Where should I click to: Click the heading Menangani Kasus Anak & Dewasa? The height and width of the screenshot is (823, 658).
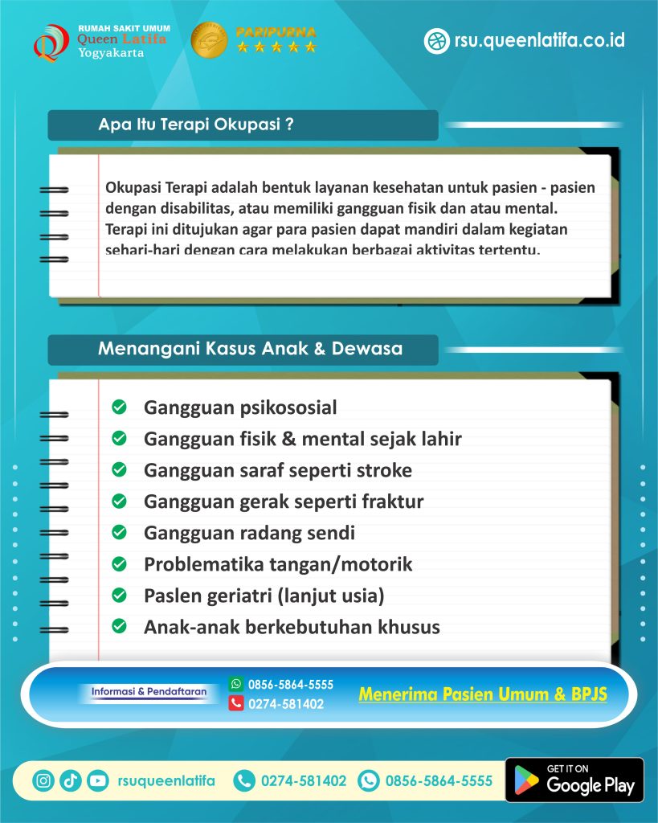pyautogui.click(x=250, y=350)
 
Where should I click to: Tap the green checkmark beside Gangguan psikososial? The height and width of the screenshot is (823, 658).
pyautogui.click(x=119, y=407)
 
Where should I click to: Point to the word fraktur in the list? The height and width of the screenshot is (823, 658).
pyautogui.click(x=389, y=502)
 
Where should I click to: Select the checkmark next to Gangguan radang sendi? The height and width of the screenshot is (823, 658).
pyautogui.click(x=119, y=532)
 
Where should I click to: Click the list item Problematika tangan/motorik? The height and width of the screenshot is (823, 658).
pyautogui.click(x=277, y=564)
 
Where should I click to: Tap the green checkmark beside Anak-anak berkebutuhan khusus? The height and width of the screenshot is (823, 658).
pyautogui.click(x=119, y=626)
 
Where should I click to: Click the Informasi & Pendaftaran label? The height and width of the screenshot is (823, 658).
pyautogui.click(x=149, y=691)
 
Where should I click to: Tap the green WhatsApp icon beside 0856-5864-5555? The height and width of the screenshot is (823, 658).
pyautogui.click(x=236, y=684)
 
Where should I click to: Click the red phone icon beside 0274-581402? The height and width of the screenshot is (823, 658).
pyautogui.click(x=236, y=703)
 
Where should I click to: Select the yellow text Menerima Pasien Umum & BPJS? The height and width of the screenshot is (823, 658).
pyautogui.click(x=482, y=694)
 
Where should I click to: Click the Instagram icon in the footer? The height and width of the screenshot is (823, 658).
pyautogui.click(x=44, y=780)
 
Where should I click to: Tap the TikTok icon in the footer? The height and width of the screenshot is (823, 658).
pyautogui.click(x=71, y=780)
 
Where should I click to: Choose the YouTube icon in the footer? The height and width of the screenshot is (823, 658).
pyautogui.click(x=97, y=780)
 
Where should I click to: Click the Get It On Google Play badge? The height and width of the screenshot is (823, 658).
pyautogui.click(x=574, y=780)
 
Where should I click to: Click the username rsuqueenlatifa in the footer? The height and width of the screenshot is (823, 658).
pyautogui.click(x=166, y=780)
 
